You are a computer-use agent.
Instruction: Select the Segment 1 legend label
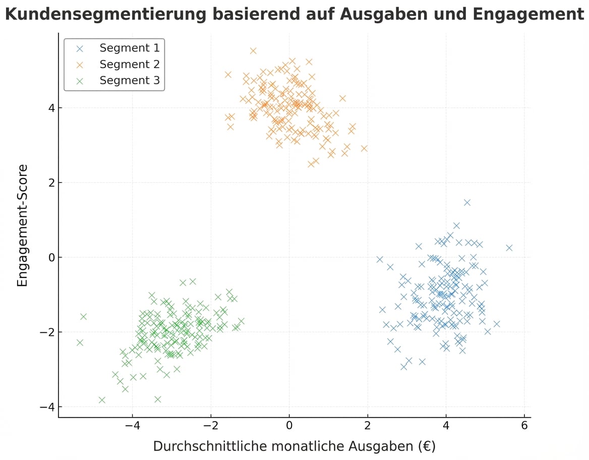[x=129, y=48]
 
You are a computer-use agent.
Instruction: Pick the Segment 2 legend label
[x=129, y=64]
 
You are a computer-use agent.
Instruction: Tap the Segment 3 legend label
[x=129, y=80]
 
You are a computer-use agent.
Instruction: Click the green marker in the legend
[x=79, y=81]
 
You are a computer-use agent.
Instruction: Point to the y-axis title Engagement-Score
[x=23, y=225]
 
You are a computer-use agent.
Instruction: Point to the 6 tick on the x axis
[x=524, y=425]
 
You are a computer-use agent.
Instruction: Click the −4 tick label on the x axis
[x=132, y=425]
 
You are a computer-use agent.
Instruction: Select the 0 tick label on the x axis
[x=289, y=425]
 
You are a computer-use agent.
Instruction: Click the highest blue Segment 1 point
[x=467, y=202]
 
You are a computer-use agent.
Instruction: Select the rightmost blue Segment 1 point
[x=509, y=248]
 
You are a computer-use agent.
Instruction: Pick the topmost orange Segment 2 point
[x=253, y=50]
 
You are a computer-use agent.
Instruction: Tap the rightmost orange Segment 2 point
[x=364, y=148]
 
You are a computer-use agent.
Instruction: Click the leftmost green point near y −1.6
[x=83, y=317]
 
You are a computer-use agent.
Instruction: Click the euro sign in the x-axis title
[x=425, y=446]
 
